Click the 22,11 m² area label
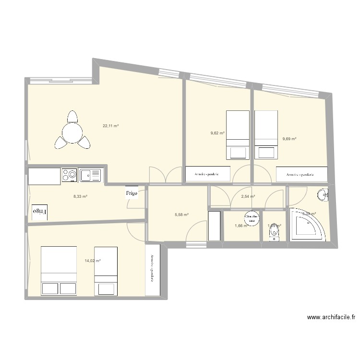(110, 126)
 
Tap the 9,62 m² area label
(217, 133)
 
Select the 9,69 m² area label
(289, 139)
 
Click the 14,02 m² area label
(93, 261)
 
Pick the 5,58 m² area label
(182, 215)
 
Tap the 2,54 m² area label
(248, 196)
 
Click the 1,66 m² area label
(240, 226)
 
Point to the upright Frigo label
(132, 193)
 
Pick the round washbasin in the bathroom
(323, 194)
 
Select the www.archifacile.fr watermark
(332, 317)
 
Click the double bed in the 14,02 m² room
(59, 270)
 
